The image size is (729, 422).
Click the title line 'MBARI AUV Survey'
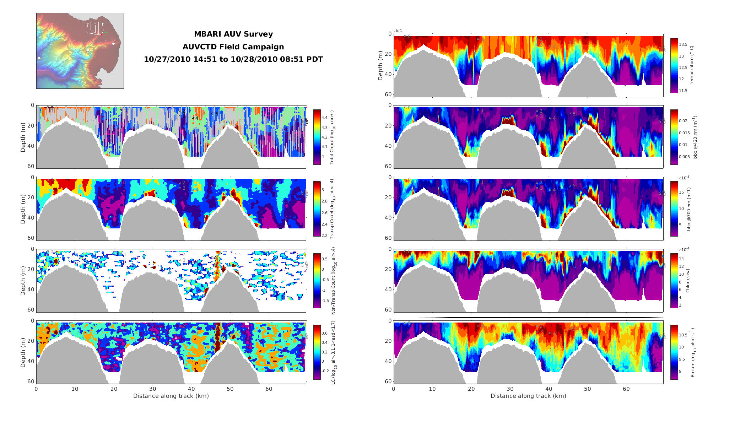click(233, 34)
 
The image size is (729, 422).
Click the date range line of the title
click(233, 59)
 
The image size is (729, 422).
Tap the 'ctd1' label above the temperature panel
click(398, 31)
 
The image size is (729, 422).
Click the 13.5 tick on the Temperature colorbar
click(683, 45)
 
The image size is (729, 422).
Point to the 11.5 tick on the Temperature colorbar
click(683, 91)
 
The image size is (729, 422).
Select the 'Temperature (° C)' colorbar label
click(692, 65)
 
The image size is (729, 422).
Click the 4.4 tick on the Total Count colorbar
click(324, 118)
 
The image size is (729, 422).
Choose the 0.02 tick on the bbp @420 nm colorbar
click(683, 121)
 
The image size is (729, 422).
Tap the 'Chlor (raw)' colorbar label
click(688, 281)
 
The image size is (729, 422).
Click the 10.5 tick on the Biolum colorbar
click(683, 335)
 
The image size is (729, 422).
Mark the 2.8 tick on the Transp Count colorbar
click(324, 201)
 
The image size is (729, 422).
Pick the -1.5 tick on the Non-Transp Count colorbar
click(325, 301)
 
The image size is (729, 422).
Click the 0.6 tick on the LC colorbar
click(324, 333)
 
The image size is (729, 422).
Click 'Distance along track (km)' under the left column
click(171, 396)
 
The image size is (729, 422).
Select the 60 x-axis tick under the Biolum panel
click(626, 389)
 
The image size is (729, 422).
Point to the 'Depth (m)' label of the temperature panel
click(380, 65)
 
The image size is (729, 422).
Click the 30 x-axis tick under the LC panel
click(152, 389)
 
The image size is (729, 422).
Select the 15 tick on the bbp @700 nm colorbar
click(681, 192)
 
